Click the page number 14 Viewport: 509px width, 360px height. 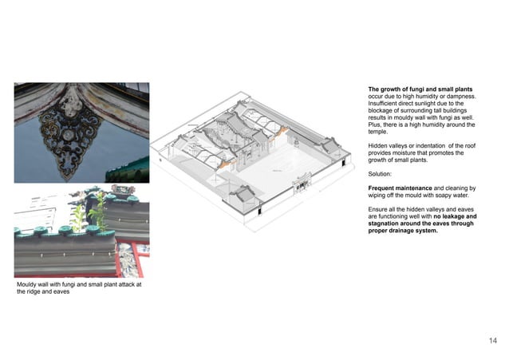[x=492, y=340]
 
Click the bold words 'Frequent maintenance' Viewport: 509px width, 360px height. [x=397, y=185]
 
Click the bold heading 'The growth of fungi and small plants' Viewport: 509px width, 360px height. [x=421, y=89]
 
